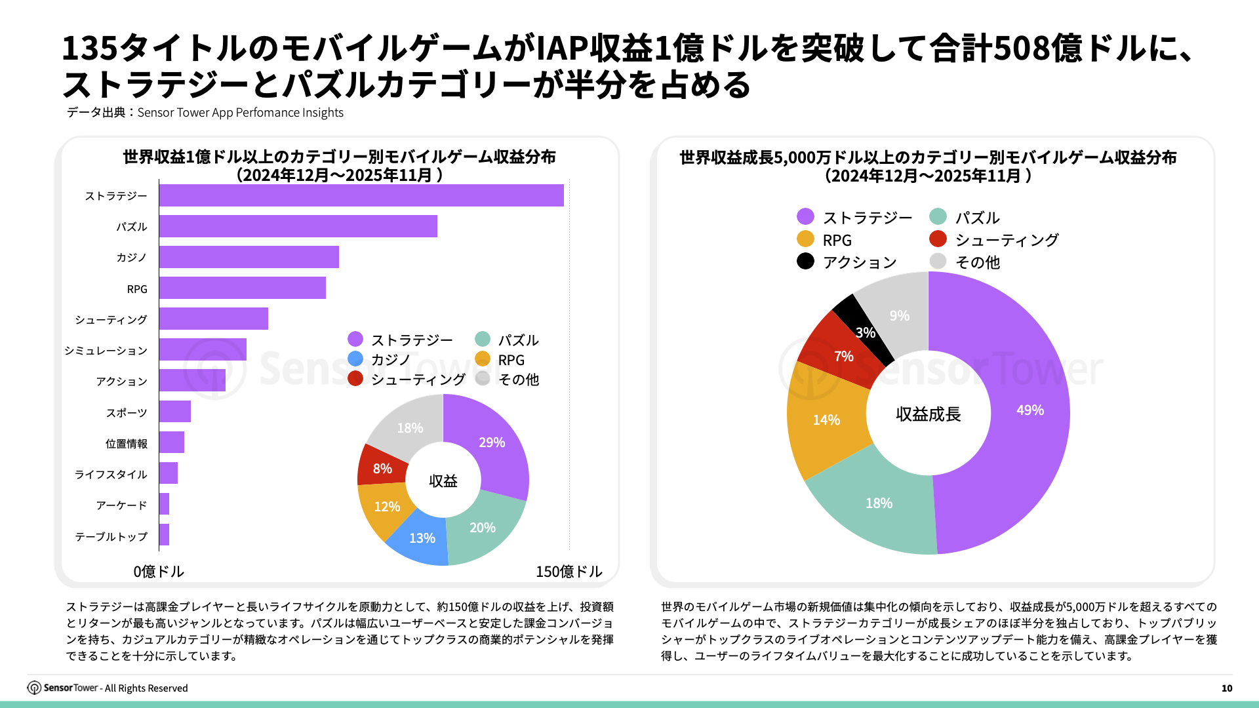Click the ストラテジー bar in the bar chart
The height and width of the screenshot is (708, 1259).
[x=361, y=195]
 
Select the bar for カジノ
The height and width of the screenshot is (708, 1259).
[x=249, y=257]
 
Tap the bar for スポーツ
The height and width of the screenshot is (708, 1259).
[x=174, y=412]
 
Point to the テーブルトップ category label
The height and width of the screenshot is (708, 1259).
[x=111, y=536]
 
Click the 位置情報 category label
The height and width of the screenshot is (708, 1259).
[x=126, y=444]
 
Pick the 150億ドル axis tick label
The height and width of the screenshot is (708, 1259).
[x=569, y=572]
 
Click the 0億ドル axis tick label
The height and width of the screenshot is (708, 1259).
[x=159, y=572]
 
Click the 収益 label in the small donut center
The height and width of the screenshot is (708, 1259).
[x=443, y=481]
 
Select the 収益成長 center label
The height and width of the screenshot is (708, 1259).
[x=928, y=414]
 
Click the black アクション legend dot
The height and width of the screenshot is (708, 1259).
[x=805, y=261]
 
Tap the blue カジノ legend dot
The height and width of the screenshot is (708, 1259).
[x=355, y=359]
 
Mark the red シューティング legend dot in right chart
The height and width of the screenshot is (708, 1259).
[x=938, y=239]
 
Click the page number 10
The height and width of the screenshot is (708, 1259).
[x=1226, y=688]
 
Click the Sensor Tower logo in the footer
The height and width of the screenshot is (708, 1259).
[x=34, y=688]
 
